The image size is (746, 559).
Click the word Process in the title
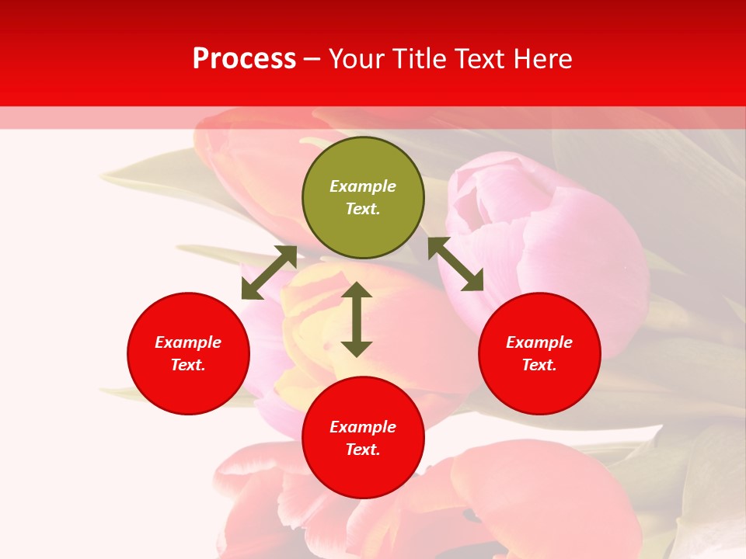pos(244,59)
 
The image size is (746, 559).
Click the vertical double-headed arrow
pos(357,320)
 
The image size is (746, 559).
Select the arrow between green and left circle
pos(269,273)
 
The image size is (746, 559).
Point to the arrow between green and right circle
pos(456,264)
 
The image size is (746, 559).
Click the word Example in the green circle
pos(363,186)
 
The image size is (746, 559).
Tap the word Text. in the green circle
pos(363,209)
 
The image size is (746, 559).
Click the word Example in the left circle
pos(188,342)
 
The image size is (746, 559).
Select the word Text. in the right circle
pos(539,365)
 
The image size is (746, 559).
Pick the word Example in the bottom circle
pos(363,427)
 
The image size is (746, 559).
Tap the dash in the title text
pos(312,60)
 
